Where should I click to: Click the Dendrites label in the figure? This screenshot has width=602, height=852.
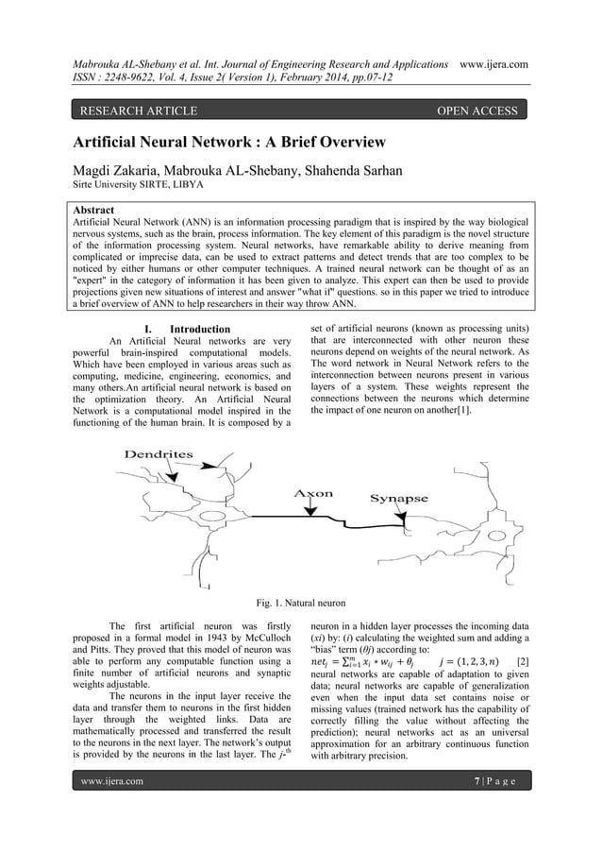159,454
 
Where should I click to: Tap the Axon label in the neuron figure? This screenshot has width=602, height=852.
313,493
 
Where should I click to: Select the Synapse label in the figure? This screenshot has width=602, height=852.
398,499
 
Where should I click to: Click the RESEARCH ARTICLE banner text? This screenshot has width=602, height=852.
138,111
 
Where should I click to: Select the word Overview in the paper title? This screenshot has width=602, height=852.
339,143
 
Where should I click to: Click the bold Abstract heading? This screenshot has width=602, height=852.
93,210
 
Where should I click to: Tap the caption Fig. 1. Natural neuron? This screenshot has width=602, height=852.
300,603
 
